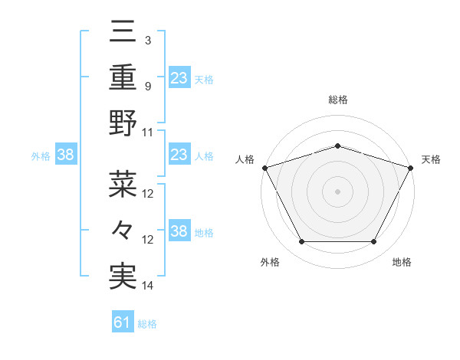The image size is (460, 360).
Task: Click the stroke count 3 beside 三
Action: (147, 38)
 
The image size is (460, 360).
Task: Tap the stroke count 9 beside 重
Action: (147, 86)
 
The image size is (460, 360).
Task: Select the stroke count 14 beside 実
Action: (148, 286)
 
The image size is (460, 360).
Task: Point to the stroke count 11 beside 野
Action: (148, 132)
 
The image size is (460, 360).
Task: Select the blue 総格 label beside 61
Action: (147, 324)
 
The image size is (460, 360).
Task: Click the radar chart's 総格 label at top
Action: (337, 100)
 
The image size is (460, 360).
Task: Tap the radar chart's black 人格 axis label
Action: (245, 159)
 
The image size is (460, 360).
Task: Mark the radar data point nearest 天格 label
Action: (411, 167)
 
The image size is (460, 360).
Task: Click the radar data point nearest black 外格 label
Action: (301, 241)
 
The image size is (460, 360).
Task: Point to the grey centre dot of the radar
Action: (337, 191)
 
